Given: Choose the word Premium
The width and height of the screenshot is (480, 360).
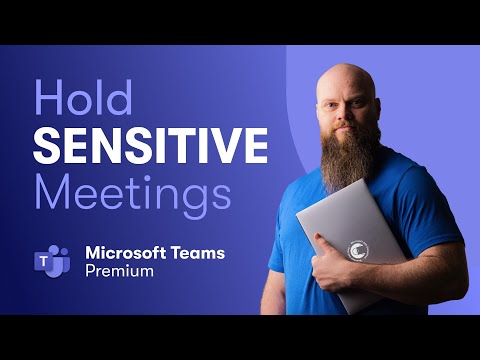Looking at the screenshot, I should pyautogui.click(x=119, y=271).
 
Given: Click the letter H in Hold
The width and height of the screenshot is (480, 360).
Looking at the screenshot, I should pyautogui.click(x=48, y=101).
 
